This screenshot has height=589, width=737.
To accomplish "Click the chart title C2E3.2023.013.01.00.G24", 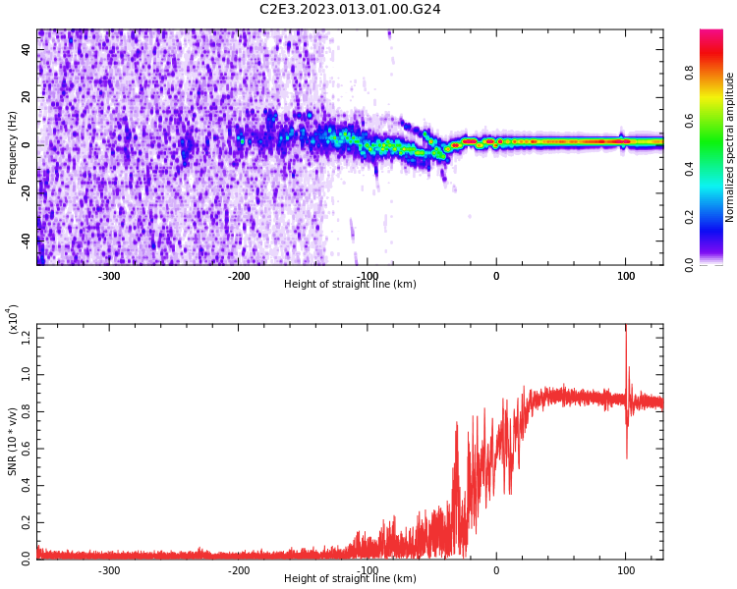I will [350, 9].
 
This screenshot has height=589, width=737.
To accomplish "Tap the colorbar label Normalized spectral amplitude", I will [730, 147].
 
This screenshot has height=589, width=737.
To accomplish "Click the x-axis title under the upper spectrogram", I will [350, 284].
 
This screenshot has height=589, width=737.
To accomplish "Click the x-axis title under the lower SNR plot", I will [350, 578].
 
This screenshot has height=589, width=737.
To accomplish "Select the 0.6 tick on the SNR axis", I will [26, 449].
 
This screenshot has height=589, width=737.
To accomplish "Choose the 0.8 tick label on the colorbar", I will [715, 72].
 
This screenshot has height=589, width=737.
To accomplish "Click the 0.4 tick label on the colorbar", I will [715, 168].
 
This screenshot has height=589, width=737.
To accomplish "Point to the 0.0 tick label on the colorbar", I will [715, 264].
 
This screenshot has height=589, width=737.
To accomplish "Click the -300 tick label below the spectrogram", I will [108, 276].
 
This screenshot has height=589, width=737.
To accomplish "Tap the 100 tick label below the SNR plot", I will [625, 570].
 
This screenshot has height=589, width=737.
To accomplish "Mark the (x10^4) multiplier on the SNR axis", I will [13, 320].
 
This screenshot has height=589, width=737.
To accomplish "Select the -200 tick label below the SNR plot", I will [238, 570].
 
